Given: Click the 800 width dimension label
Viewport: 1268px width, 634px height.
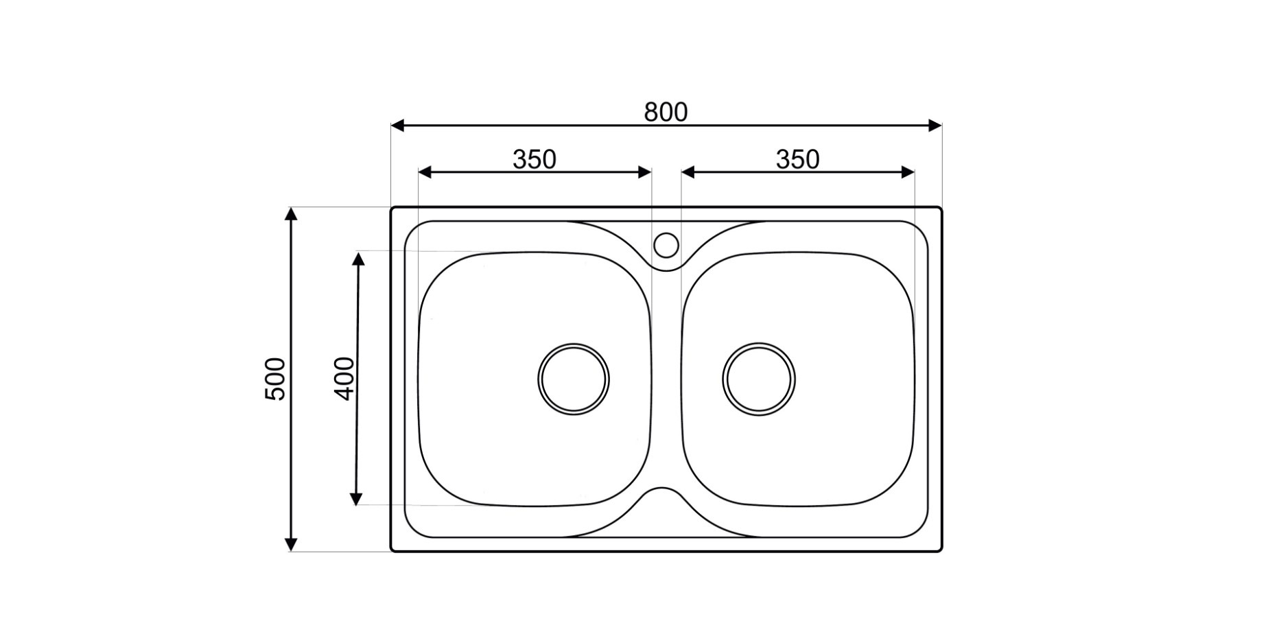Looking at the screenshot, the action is pyautogui.click(x=666, y=112).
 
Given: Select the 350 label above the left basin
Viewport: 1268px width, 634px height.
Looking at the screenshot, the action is pyautogui.click(x=535, y=159).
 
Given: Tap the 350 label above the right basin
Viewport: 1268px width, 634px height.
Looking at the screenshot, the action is pyautogui.click(x=797, y=159).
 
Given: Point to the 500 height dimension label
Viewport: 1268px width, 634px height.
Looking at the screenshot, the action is pyautogui.click(x=275, y=379).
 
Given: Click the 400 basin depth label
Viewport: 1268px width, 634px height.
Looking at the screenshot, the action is pyautogui.click(x=344, y=378).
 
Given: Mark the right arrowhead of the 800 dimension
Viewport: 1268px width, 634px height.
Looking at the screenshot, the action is pyautogui.click(x=935, y=126).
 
